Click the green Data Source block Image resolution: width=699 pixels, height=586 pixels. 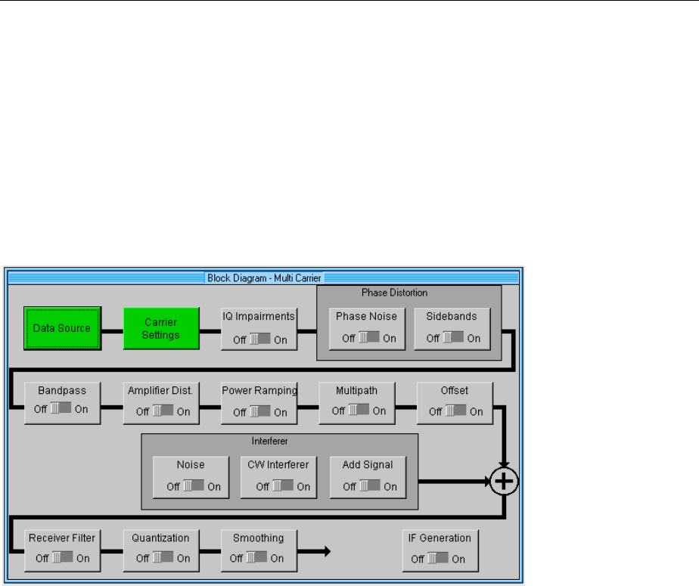click(62, 328)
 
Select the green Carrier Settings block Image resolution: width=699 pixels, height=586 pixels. click(161, 328)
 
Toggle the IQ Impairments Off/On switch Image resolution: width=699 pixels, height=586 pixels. click(260, 340)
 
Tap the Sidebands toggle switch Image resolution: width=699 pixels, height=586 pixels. click(454, 338)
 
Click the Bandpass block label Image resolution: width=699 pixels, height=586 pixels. click(61, 391)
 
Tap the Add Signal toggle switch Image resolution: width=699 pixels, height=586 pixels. click(369, 486)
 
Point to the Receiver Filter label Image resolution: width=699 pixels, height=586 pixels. click(61, 538)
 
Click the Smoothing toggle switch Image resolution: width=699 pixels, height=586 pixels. click(257, 559)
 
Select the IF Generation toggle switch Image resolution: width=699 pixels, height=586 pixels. click(438, 560)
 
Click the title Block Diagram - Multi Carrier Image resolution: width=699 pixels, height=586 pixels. click(264, 278)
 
